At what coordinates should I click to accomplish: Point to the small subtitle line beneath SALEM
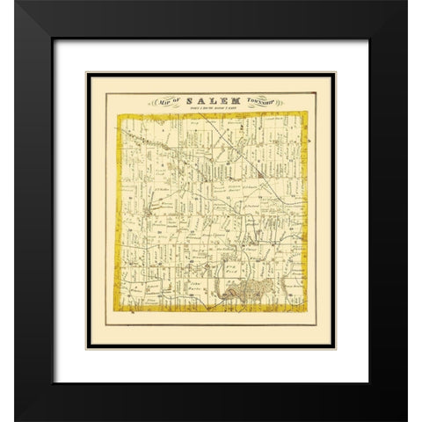click(x=211, y=109)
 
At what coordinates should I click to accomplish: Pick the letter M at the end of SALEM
click(x=235, y=100)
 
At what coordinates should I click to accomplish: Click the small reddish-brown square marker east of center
click(x=263, y=180)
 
